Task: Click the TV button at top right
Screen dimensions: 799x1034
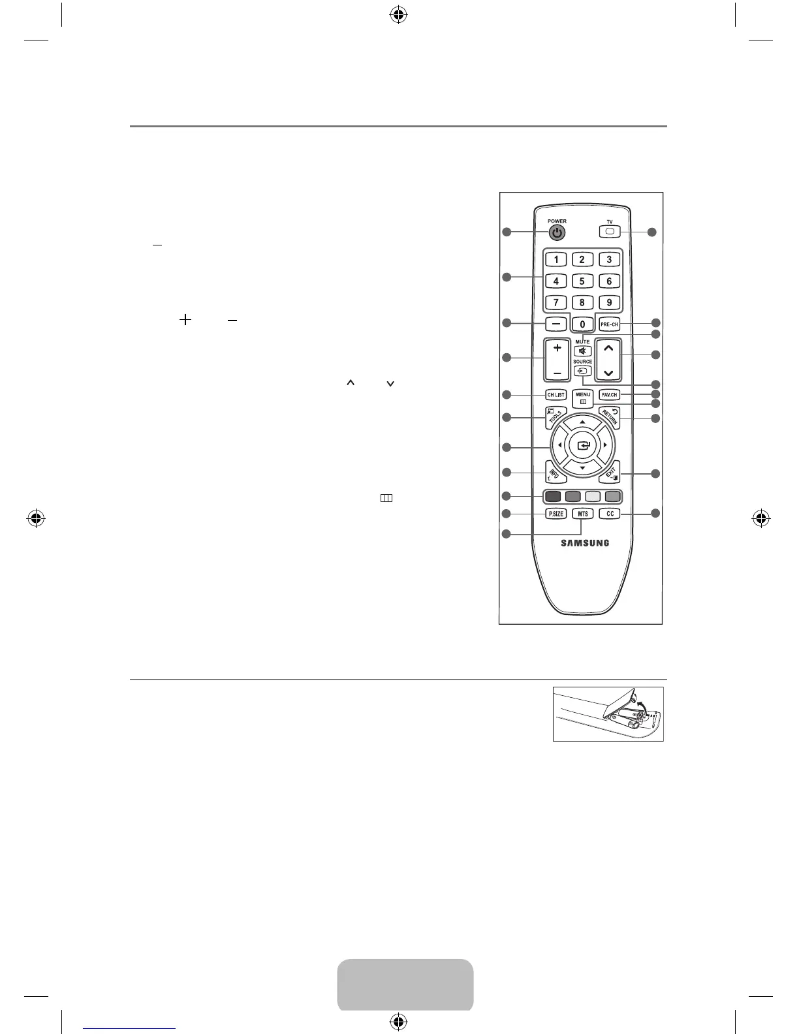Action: [610, 232]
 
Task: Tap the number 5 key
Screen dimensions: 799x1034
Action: [582, 281]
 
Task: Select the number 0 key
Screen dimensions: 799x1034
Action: [582, 324]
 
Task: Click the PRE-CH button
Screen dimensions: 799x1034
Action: [609, 324]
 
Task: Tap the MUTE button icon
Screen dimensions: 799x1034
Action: [582, 351]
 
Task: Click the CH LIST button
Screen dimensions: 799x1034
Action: [556, 395]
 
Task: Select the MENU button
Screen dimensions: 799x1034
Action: [583, 398]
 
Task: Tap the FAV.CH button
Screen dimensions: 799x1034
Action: [609, 395]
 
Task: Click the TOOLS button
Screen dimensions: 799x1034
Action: [556, 418]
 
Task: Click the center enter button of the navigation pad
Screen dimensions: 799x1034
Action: [583, 445]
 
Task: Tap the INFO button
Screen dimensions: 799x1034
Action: [555, 473]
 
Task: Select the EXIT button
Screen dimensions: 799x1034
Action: [610, 473]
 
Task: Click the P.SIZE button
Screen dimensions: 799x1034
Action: [556, 514]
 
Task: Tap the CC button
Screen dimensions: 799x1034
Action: [610, 514]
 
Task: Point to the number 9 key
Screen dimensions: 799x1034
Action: [609, 303]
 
